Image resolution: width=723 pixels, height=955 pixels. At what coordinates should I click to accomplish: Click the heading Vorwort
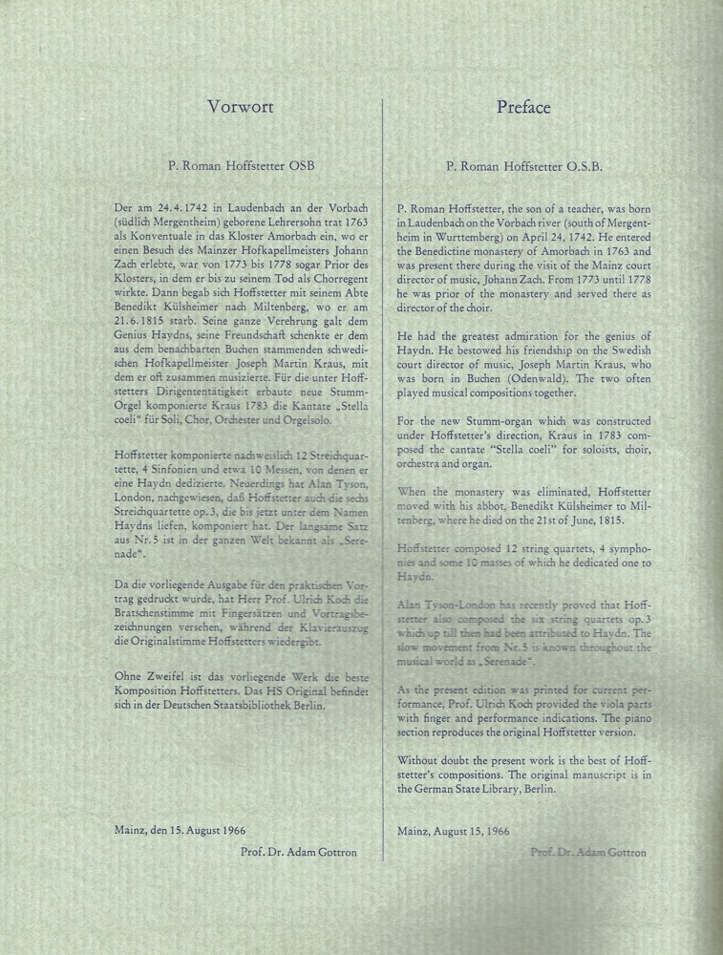[x=240, y=107]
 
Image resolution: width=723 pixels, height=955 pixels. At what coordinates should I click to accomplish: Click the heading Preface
[x=523, y=107]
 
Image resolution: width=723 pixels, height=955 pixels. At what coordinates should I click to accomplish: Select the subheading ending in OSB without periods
[x=241, y=165]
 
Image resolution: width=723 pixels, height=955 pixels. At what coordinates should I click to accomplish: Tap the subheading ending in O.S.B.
[x=523, y=166]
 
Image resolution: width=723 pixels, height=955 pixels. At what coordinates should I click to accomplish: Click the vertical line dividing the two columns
[x=382, y=477]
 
